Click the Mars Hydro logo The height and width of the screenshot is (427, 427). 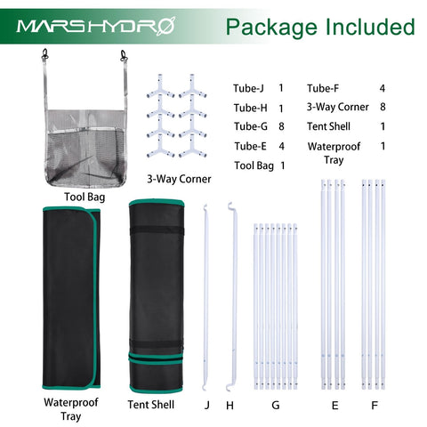tap(96, 27)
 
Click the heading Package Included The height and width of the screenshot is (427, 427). tap(320, 28)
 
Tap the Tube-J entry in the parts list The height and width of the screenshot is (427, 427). tap(248, 88)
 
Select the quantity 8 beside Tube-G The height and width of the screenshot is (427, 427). tap(281, 126)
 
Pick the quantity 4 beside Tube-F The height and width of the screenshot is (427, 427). tap(383, 88)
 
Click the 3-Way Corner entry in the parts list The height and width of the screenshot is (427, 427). tap(338, 107)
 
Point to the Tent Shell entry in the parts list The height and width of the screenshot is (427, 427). tap(328, 126)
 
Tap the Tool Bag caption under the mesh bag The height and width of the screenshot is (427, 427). tap(85, 197)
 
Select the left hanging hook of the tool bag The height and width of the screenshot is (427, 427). tap(45, 55)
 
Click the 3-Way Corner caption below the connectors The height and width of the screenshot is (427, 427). tap(179, 179)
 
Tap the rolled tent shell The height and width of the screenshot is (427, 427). tap(157, 296)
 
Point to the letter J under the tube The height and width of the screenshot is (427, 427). tap(207, 405)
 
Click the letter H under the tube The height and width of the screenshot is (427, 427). tap(230, 405)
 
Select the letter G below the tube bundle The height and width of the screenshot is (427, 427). tap(276, 405)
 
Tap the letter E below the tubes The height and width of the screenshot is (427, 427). tap(335, 405)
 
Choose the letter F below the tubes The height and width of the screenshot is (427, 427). tap(375, 405)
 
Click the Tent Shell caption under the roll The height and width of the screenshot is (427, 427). tap(151, 405)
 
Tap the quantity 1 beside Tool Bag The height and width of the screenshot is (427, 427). tap(283, 165)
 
